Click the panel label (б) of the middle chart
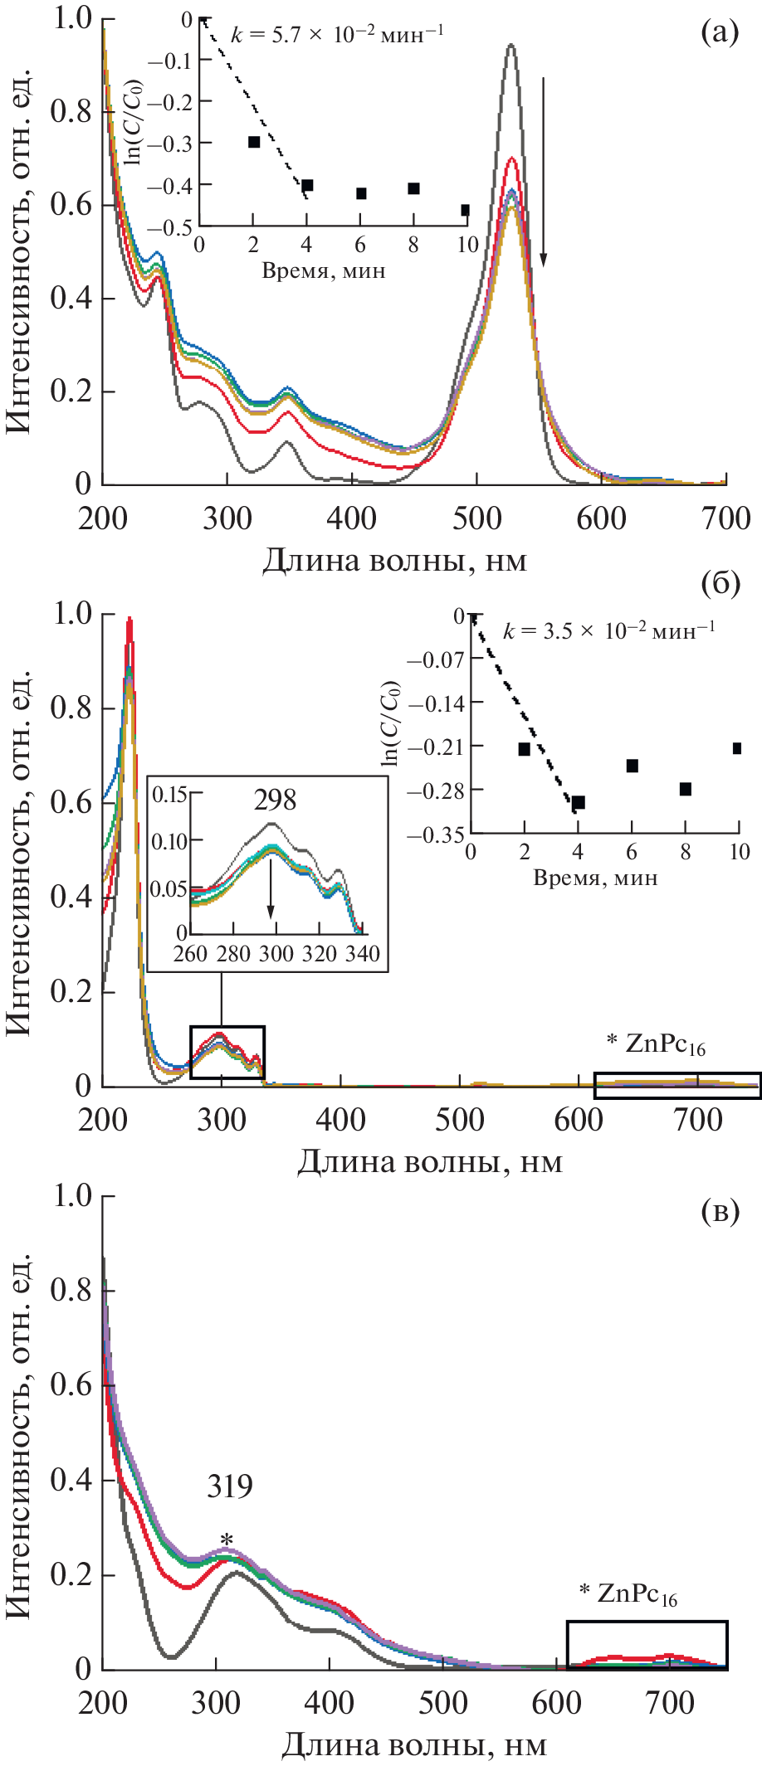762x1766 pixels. point(720,584)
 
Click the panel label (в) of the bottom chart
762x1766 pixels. point(720,1212)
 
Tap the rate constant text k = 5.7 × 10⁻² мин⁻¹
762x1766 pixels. point(336,34)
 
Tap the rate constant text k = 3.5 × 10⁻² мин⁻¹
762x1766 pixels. point(608,630)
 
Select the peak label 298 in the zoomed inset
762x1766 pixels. point(275,800)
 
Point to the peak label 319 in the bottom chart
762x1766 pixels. point(230,1486)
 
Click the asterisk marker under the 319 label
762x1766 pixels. point(226,1540)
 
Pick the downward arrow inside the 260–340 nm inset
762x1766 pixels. point(271,895)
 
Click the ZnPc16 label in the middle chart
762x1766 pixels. point(656,1044)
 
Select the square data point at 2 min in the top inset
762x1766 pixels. point(254,142)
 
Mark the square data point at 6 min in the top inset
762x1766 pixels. point(361,193)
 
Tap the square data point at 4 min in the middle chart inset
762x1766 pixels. point(579,802)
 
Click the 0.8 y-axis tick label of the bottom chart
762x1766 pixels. point(71,1290)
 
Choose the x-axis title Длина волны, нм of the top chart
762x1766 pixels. point(394,562)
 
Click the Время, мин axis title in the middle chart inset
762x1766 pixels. point(594,878)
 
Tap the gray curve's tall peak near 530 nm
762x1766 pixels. point(511,46)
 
